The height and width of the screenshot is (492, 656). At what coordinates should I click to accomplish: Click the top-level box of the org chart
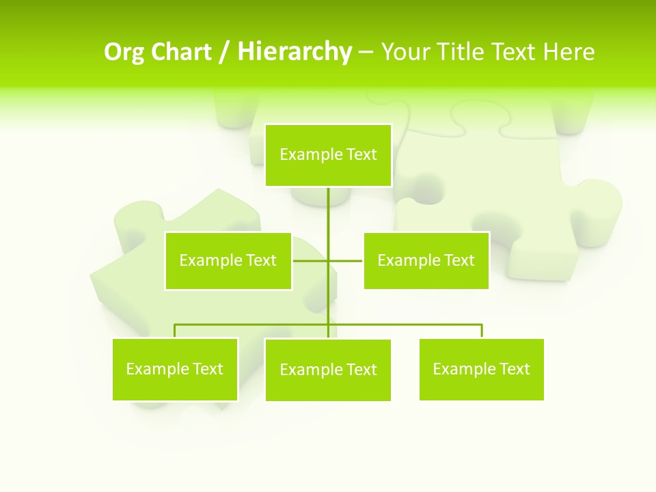pos(328,155)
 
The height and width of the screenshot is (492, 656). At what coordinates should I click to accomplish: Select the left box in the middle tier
pos(228,261)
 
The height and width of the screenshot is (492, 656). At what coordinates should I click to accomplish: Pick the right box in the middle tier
pos(426,260)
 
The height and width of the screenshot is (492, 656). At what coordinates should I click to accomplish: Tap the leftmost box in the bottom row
pos(175,369)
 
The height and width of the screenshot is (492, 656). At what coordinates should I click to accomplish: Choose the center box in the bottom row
pos(328,370)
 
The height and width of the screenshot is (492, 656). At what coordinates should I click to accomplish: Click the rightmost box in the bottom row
pos(482,369)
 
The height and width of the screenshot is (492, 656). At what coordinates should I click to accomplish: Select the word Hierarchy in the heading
pos(295,53)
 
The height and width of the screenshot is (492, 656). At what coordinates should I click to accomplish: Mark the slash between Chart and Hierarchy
pos(223,53)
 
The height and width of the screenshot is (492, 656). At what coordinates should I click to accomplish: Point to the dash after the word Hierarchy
pos(366,53)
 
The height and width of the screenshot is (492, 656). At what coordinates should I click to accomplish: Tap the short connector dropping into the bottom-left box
pos(175,331)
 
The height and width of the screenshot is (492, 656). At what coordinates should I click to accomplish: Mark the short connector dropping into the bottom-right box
pos(482,331)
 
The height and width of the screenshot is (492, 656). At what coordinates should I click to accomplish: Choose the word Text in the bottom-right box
pos(515,369)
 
